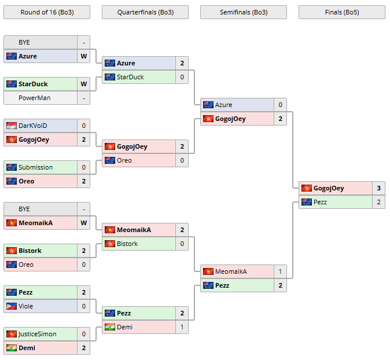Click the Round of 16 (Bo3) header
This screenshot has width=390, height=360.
click(x=47, y=12)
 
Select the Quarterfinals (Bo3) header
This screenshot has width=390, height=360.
click(x=145, y=12)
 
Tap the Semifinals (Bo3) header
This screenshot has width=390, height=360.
click(x=243, y=12)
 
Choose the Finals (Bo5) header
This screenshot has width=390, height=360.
click(x=341, y=12)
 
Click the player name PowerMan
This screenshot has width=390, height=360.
click(x=34, y=98)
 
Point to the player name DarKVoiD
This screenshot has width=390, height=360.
click(x=32, y=126)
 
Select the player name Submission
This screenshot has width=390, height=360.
click(x=35, y=167)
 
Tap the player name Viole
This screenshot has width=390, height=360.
click(x=26, y=306)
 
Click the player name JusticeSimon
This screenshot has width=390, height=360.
click(x=37, y=334)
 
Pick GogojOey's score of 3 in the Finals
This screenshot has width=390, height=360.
click(x=378, y=188)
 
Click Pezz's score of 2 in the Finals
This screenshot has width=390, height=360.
click(x=378, y=202)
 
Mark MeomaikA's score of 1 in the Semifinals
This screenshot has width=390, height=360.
click(x=280, y=271)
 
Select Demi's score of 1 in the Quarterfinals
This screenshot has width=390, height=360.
click(x=182, y=327)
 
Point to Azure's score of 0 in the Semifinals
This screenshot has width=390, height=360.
click(x=280, y=105)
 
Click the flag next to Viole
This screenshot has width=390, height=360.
click(x=11, y=306)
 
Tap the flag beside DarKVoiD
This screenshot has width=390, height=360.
click(x=11, y=126)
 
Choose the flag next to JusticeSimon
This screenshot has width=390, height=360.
click(x=11, y=334)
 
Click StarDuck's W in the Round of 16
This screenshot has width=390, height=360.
click(x=83, y=84)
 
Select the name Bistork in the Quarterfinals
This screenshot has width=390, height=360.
click(x=127, y=244)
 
